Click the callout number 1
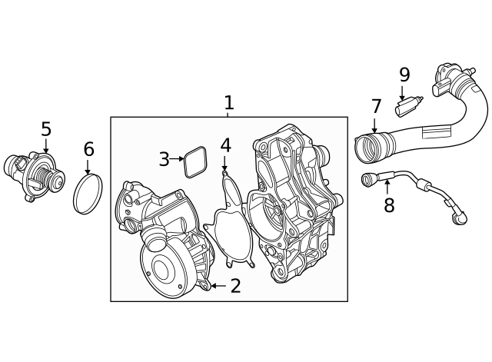coord(228,103)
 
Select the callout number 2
coord(235,286)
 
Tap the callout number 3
coord(164,159)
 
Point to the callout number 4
coord(225,145)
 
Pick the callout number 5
coord(46,129)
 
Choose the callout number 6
coord(88,149)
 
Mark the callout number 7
coord(376,107)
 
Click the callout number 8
coord(389,205)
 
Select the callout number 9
coord(404,75)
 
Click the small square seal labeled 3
coord(195,161)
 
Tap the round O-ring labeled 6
coord(88,194)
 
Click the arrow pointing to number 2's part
coord(216,286)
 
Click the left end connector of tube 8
coord(368,181)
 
